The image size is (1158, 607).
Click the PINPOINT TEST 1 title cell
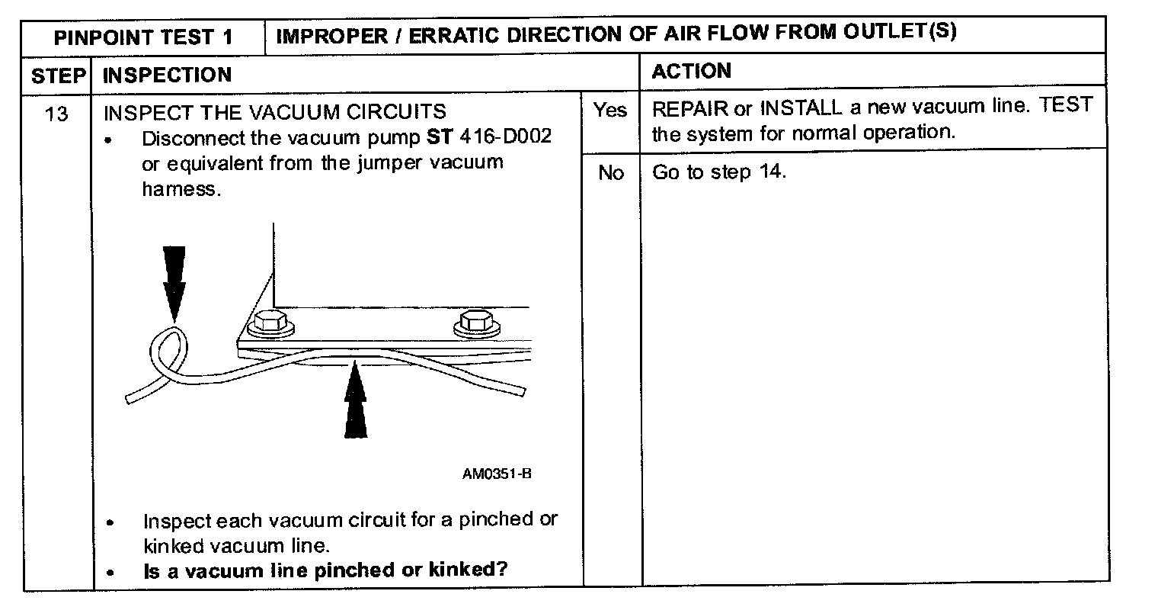point(144,37)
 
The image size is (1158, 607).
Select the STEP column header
point(56,75)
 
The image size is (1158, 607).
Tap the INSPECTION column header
point(167,75)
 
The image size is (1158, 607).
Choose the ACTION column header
point(691,72)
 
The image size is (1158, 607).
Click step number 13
point(56,114)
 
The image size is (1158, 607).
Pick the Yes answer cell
point(610,111)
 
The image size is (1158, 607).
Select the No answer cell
point(610,173)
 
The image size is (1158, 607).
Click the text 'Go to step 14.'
point(718,172)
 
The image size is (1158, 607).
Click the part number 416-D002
point(505,139)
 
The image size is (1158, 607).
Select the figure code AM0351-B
point(497,474)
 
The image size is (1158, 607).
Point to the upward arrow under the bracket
point(355,403)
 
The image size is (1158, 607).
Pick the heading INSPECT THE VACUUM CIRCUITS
point(274,112)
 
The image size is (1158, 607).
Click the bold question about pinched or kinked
point(325,570)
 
